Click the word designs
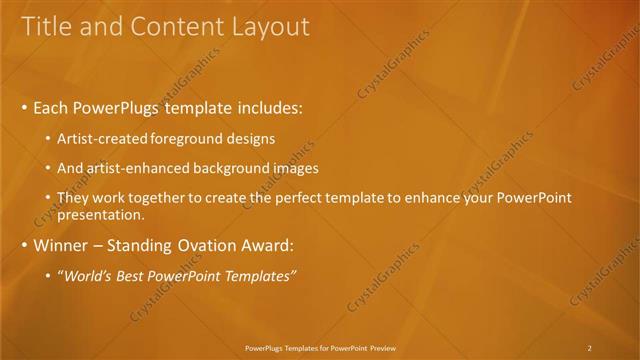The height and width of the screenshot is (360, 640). pyautogui.click(x=251, y=139)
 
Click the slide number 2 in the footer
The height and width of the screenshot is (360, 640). pyautogui.click(x=590, y=348)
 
